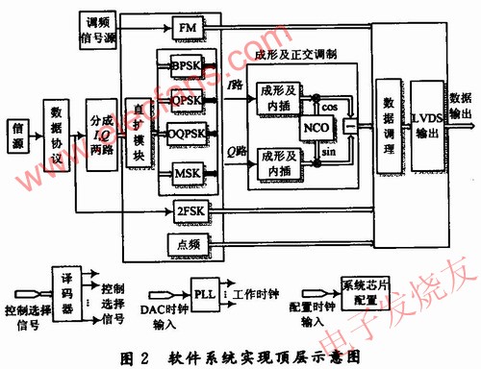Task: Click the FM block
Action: coord(188,30)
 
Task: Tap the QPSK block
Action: coord(187,99)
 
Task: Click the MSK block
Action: coord(187,173)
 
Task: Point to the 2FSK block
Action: coord(188,210)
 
